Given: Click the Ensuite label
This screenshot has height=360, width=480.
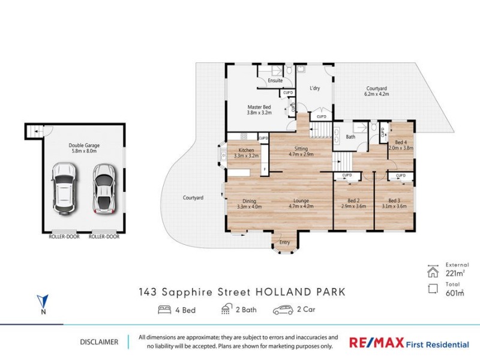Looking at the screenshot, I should point(275,80).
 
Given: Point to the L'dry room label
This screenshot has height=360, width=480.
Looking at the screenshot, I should point(315,89).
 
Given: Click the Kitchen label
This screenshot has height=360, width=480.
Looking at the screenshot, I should point(246,151).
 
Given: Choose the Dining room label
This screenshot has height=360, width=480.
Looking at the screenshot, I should point(249,202).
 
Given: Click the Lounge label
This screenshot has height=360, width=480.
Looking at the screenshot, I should point(301,202).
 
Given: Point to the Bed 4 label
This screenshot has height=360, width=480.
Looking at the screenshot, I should point(401,142).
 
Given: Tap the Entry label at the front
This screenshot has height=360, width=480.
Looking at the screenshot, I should point(284,242).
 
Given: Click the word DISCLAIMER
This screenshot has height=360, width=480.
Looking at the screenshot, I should point(99,342).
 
